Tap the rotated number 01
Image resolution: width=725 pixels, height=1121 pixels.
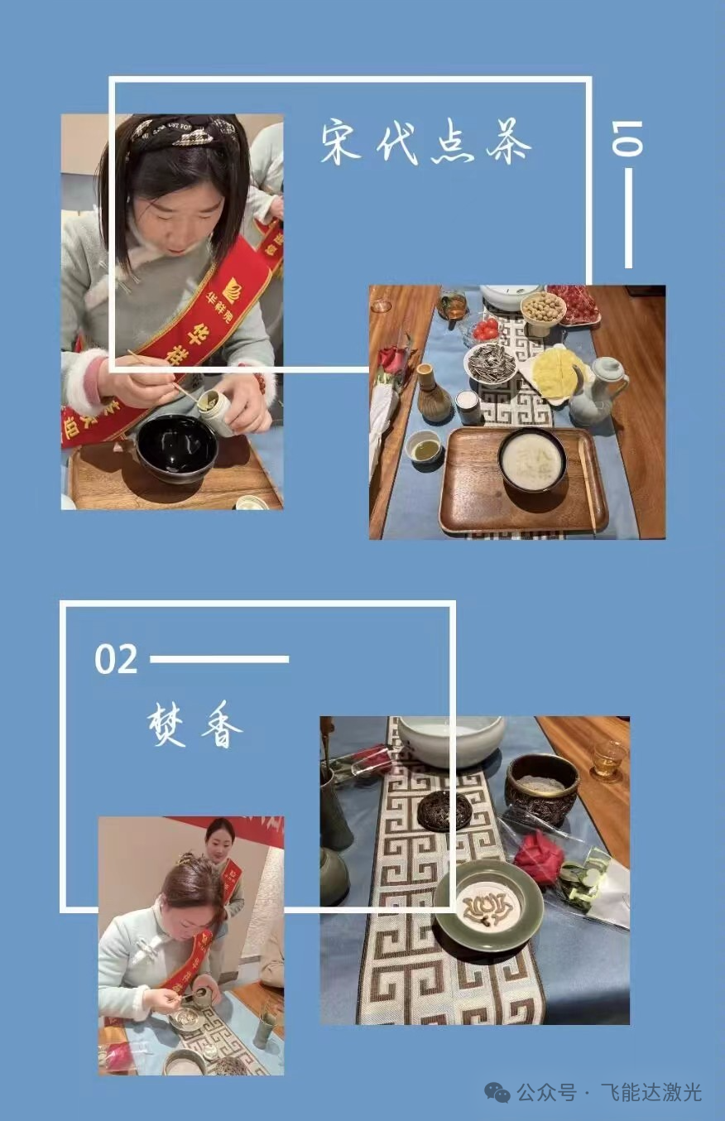click(x=627, y=138)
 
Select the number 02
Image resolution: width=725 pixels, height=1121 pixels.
click(x=116, y=660)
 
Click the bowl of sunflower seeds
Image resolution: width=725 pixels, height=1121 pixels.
click(x=491, y=363)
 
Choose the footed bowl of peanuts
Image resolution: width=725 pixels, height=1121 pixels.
click(x=543, y=310)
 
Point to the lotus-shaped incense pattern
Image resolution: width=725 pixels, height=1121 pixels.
click(x=487, y=905)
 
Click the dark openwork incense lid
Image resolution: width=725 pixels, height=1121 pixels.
click(x=444, y=811)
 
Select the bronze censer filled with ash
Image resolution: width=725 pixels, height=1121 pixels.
click(x=543, y=787)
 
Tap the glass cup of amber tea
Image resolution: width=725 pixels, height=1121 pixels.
click(x=608, y=759)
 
